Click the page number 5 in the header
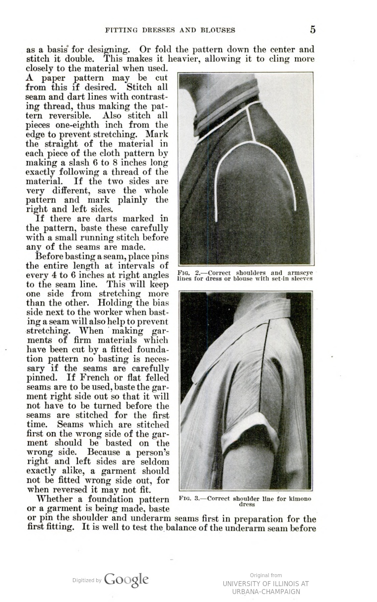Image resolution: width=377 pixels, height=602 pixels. point(313,29)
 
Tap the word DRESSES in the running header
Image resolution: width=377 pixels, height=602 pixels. point(158,30)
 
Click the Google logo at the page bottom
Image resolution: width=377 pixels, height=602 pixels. point(126,580)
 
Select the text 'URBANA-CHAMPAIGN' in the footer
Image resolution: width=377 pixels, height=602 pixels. point(265,592)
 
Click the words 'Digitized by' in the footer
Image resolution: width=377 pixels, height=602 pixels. point(87,580)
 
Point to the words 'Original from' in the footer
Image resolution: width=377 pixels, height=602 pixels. point(265,575)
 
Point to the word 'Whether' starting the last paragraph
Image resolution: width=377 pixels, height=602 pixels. point(55,498)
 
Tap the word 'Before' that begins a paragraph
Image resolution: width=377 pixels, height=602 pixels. point(50,256)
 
